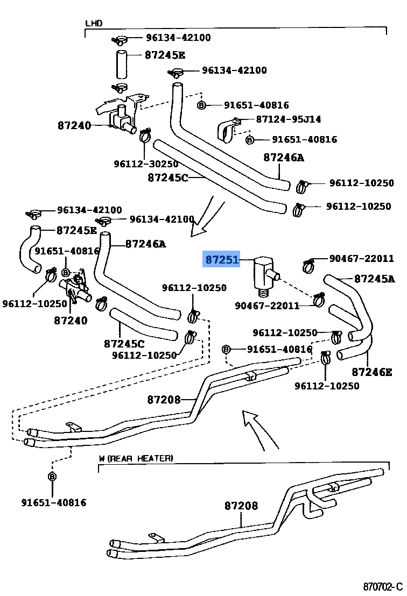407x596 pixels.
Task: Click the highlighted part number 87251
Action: tap(221, 260)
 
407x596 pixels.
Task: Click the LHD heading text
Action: tap(94, 24)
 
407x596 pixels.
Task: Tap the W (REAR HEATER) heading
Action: tap(136, 458)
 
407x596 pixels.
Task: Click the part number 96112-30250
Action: tap(146, 164)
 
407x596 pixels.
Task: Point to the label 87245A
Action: tap(374, 279)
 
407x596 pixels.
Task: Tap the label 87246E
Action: tap(371, 371)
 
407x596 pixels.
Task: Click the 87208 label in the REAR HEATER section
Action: tap(241, 506)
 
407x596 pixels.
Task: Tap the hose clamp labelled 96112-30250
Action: tap(144, 137)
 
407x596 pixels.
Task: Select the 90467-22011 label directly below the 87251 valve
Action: tap(266, 306)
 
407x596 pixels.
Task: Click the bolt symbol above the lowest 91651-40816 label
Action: tap(52, 477)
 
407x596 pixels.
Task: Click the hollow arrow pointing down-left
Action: tap(207, 218)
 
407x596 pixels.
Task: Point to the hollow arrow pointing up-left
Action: tap(258, 428)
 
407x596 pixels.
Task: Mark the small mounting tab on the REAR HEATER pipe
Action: tap(156, 537)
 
